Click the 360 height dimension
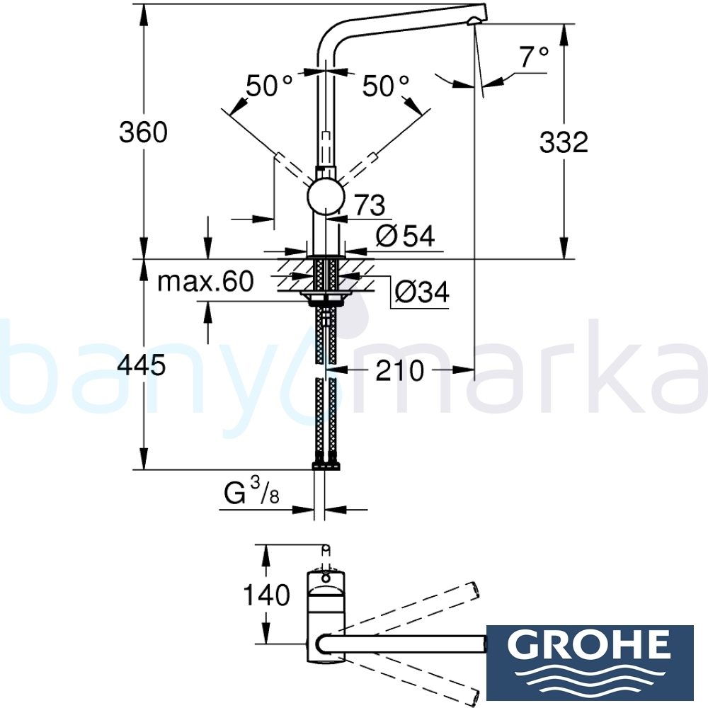143,132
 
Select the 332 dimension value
564,142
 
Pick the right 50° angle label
386,86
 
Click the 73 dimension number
370,205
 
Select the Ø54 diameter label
404,236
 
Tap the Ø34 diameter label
421,291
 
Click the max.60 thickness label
205,282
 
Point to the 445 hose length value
143,365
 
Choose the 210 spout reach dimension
399,370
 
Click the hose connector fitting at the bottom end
326,465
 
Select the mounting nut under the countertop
326,296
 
